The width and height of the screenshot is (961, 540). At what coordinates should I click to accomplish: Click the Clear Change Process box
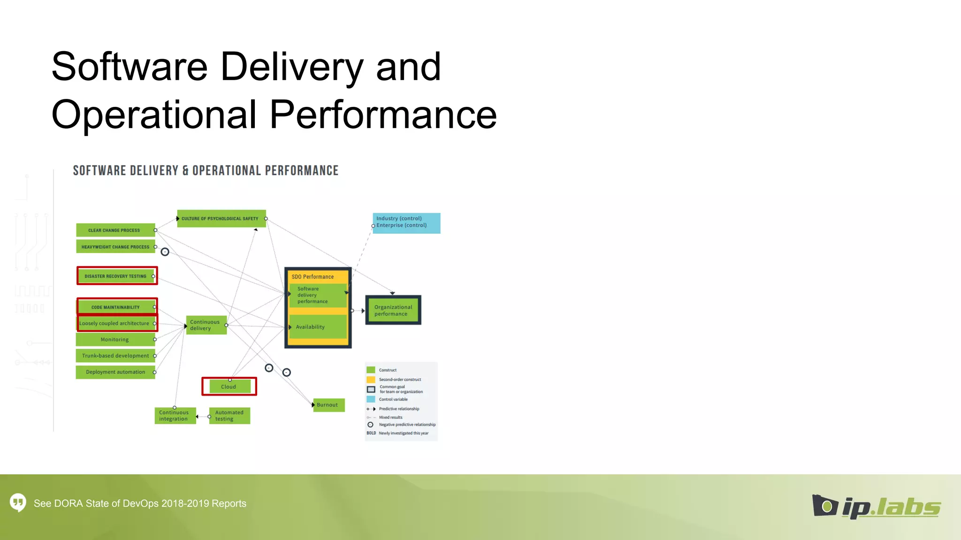pos(115,230)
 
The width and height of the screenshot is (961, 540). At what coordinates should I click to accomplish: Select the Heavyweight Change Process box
pos(115,247)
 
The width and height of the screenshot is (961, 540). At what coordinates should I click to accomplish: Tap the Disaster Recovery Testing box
pos(117,276)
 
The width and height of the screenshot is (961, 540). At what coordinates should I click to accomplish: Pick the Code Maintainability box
pos(116,307)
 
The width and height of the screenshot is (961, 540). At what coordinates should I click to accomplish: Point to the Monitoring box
pos(115,339)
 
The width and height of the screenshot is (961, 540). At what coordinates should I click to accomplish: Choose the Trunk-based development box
pos(115,356)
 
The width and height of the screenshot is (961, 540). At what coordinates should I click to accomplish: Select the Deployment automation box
pos(115,372)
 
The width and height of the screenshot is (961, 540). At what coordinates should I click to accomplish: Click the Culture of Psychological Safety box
pos(221,218)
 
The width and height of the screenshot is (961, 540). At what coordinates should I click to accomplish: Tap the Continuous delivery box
pos(206,325)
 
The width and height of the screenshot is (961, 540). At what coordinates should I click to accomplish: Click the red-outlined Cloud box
pos(229,387)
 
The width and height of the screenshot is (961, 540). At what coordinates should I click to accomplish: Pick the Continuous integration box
pos(175,416)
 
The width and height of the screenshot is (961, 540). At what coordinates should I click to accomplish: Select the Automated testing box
pos(229,416)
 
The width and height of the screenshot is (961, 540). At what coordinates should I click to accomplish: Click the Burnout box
pos(328,405)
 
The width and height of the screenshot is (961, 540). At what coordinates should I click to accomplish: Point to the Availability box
pos(318,327)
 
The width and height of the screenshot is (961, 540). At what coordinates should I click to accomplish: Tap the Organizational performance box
pos(393,310)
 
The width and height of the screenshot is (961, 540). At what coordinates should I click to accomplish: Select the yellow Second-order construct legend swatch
pos(371,380)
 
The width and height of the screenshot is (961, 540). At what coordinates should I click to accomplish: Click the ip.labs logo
pos(876,507)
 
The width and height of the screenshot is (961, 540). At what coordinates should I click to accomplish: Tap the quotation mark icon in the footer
pos(18,503)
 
